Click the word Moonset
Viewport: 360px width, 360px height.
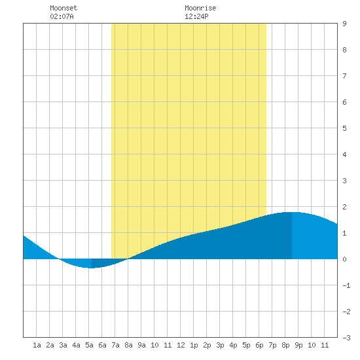63,8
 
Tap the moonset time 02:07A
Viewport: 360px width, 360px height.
62,16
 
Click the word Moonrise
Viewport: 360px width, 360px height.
200,8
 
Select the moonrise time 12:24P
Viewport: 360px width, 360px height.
196,16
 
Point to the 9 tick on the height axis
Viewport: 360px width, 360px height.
344,24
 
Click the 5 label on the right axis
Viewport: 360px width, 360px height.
344,128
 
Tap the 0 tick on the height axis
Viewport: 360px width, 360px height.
344,259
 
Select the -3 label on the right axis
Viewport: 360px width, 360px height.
346,338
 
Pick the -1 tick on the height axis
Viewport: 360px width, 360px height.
346,285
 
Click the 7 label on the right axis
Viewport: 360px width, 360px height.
344,76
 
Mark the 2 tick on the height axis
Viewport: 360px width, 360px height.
344,207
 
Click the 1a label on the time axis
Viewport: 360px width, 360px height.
37,345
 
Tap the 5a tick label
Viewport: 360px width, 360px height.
89,345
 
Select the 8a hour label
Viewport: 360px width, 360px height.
128,345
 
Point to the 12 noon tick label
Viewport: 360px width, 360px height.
181,345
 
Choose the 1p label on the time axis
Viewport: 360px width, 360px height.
194,345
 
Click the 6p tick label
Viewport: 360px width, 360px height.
259,345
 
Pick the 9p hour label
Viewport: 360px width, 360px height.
298,345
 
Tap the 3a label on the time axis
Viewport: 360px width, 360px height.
63,345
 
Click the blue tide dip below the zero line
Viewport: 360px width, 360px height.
92,263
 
